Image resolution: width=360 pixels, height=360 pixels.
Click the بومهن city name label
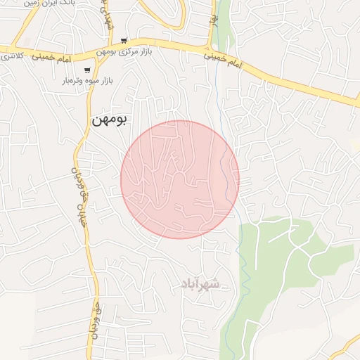[108, 120]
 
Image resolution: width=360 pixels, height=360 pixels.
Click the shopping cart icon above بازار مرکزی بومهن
[124, 40]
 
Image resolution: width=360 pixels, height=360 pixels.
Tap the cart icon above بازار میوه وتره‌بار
[86, 70]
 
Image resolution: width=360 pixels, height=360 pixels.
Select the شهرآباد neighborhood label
[200, 283]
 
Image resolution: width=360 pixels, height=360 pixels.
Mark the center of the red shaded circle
[180, 179]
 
